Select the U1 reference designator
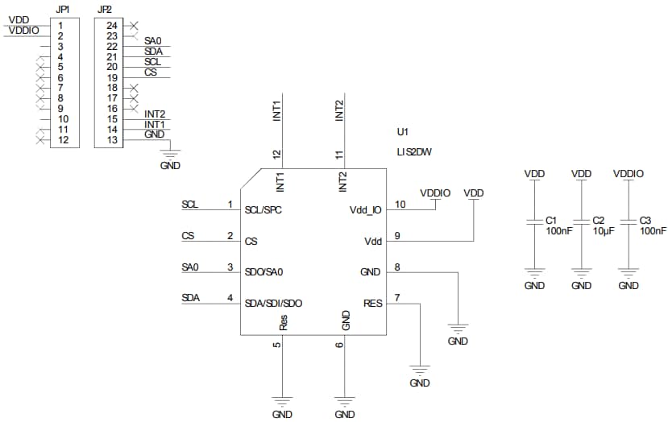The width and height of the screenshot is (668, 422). [403, 130]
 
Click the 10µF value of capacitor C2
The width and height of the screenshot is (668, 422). [604, 231]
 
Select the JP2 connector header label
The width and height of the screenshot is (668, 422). [104, 9]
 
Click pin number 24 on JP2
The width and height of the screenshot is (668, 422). [111, 25]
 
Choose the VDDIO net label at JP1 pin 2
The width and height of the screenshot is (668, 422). [24, 30]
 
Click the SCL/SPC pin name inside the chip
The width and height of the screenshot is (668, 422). [263, 209]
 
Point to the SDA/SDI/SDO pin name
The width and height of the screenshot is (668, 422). [274, 304]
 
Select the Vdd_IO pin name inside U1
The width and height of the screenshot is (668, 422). [365, 209]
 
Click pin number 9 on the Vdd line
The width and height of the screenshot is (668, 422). [396, 236]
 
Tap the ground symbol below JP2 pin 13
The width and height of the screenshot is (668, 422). [170, 152]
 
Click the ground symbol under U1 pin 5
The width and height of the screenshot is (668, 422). [282, 400]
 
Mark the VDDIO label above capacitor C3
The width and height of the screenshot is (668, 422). [629, 173]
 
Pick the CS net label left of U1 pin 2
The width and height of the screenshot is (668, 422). [187, 236]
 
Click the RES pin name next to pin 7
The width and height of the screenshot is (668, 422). [372, 304]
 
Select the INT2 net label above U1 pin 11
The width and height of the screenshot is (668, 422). [339, 110]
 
